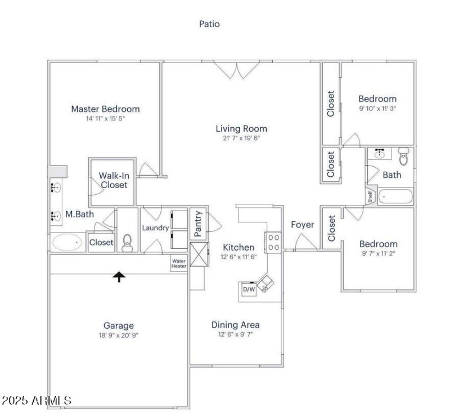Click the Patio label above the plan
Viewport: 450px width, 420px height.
click(x=209, y=24)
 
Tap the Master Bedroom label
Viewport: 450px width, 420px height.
click(x=105, y=109)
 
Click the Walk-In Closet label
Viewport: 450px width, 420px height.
click(x=114, y=180)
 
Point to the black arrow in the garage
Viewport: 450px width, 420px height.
click(x=119, y=276)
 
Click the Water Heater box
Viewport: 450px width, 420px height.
click(x=179, y=263)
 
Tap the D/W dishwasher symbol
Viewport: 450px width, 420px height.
click(x=248, y=289)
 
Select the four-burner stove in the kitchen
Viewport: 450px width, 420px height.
click(x=273, y=242)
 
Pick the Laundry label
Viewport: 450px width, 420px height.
click(x=155, y=228)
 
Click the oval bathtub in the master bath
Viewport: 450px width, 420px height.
click(x=67, y=243)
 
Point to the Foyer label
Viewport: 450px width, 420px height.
click(x=303, y=225)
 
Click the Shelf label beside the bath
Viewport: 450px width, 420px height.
click(x=370, y=196)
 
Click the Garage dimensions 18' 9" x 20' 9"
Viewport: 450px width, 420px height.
click(x=118, y=335)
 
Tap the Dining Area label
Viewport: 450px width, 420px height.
click(x=235, y=324)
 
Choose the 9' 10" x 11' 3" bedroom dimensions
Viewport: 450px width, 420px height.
click(x=377, y=108)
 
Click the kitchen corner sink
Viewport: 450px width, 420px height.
click(x=265, y=281)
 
